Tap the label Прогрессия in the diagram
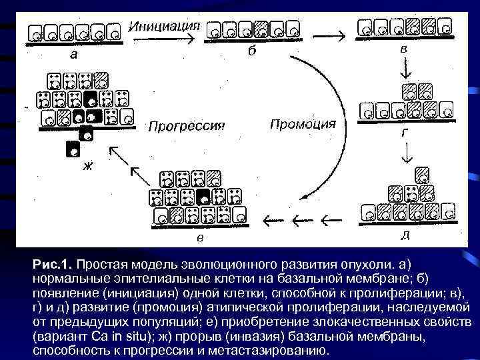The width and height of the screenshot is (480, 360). click(x=186, y=126)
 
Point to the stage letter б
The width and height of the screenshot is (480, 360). click(x=251, y=53)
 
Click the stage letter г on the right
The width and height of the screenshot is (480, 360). click(x=404, y=132)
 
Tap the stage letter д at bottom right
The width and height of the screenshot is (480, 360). click(x=405, y=234)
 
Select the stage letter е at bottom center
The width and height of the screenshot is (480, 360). click(x=200, y=236)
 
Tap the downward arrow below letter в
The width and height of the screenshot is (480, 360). click(x=405, y=69)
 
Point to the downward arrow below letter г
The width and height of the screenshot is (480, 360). click(x=405, y=153)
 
